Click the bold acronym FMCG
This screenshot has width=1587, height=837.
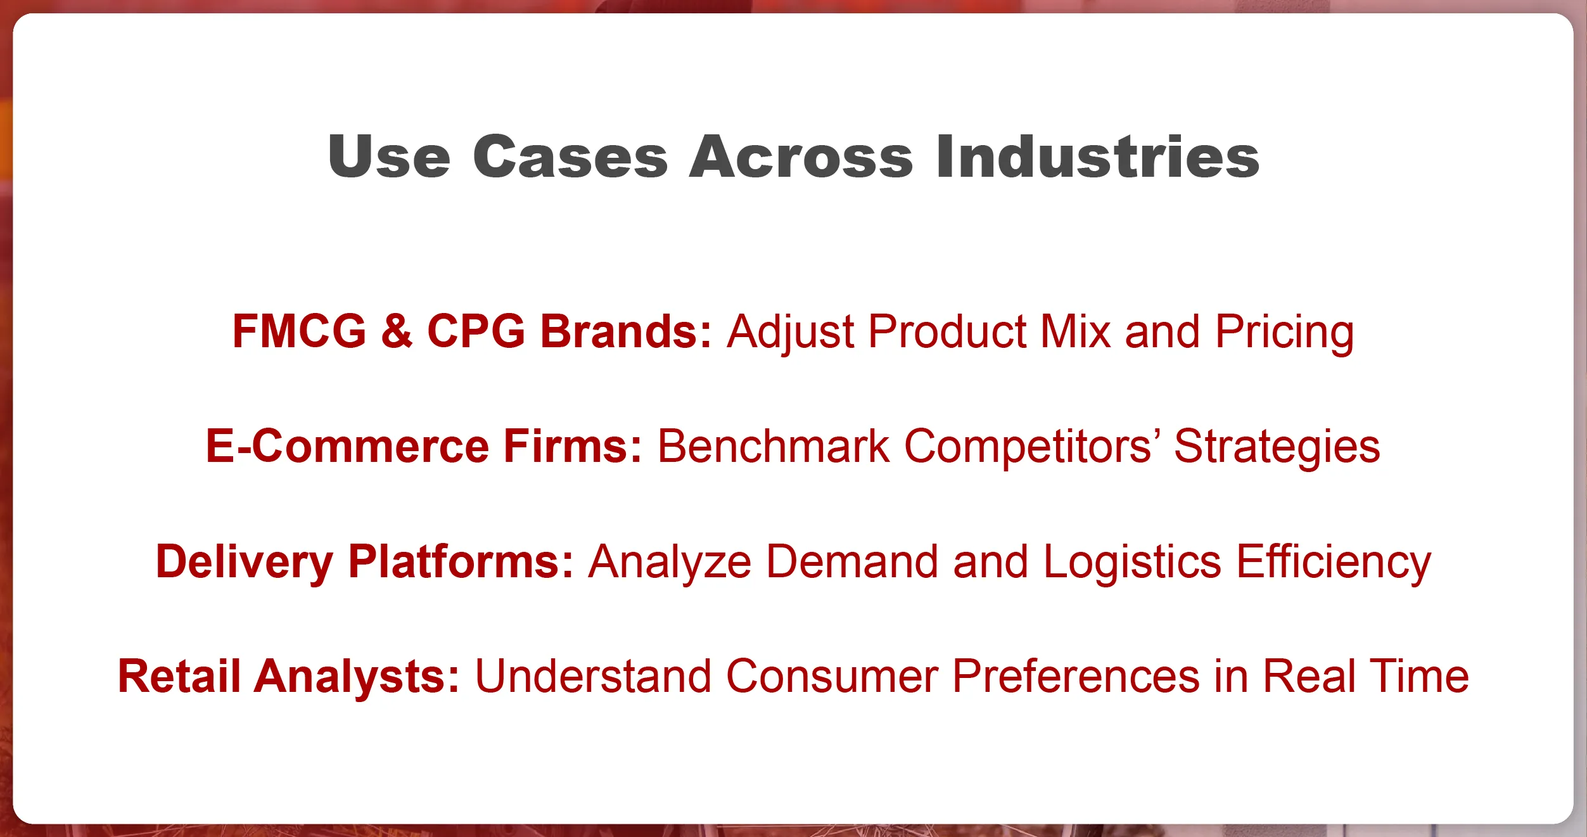(x=300, y=331)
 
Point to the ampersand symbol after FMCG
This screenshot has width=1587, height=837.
(x=397, y=331)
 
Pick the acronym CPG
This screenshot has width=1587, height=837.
(x=476, y=331)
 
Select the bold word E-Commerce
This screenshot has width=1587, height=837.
(x=347, y=446)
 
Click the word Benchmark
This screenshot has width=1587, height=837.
(x=774, y=446)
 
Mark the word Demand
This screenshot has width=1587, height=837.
(x=852, y=561)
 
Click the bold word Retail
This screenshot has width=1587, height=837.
(x=179, y=676)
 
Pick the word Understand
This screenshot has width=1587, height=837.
(x=593, y=676)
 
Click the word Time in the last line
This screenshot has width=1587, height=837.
(x=1420, y=676)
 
